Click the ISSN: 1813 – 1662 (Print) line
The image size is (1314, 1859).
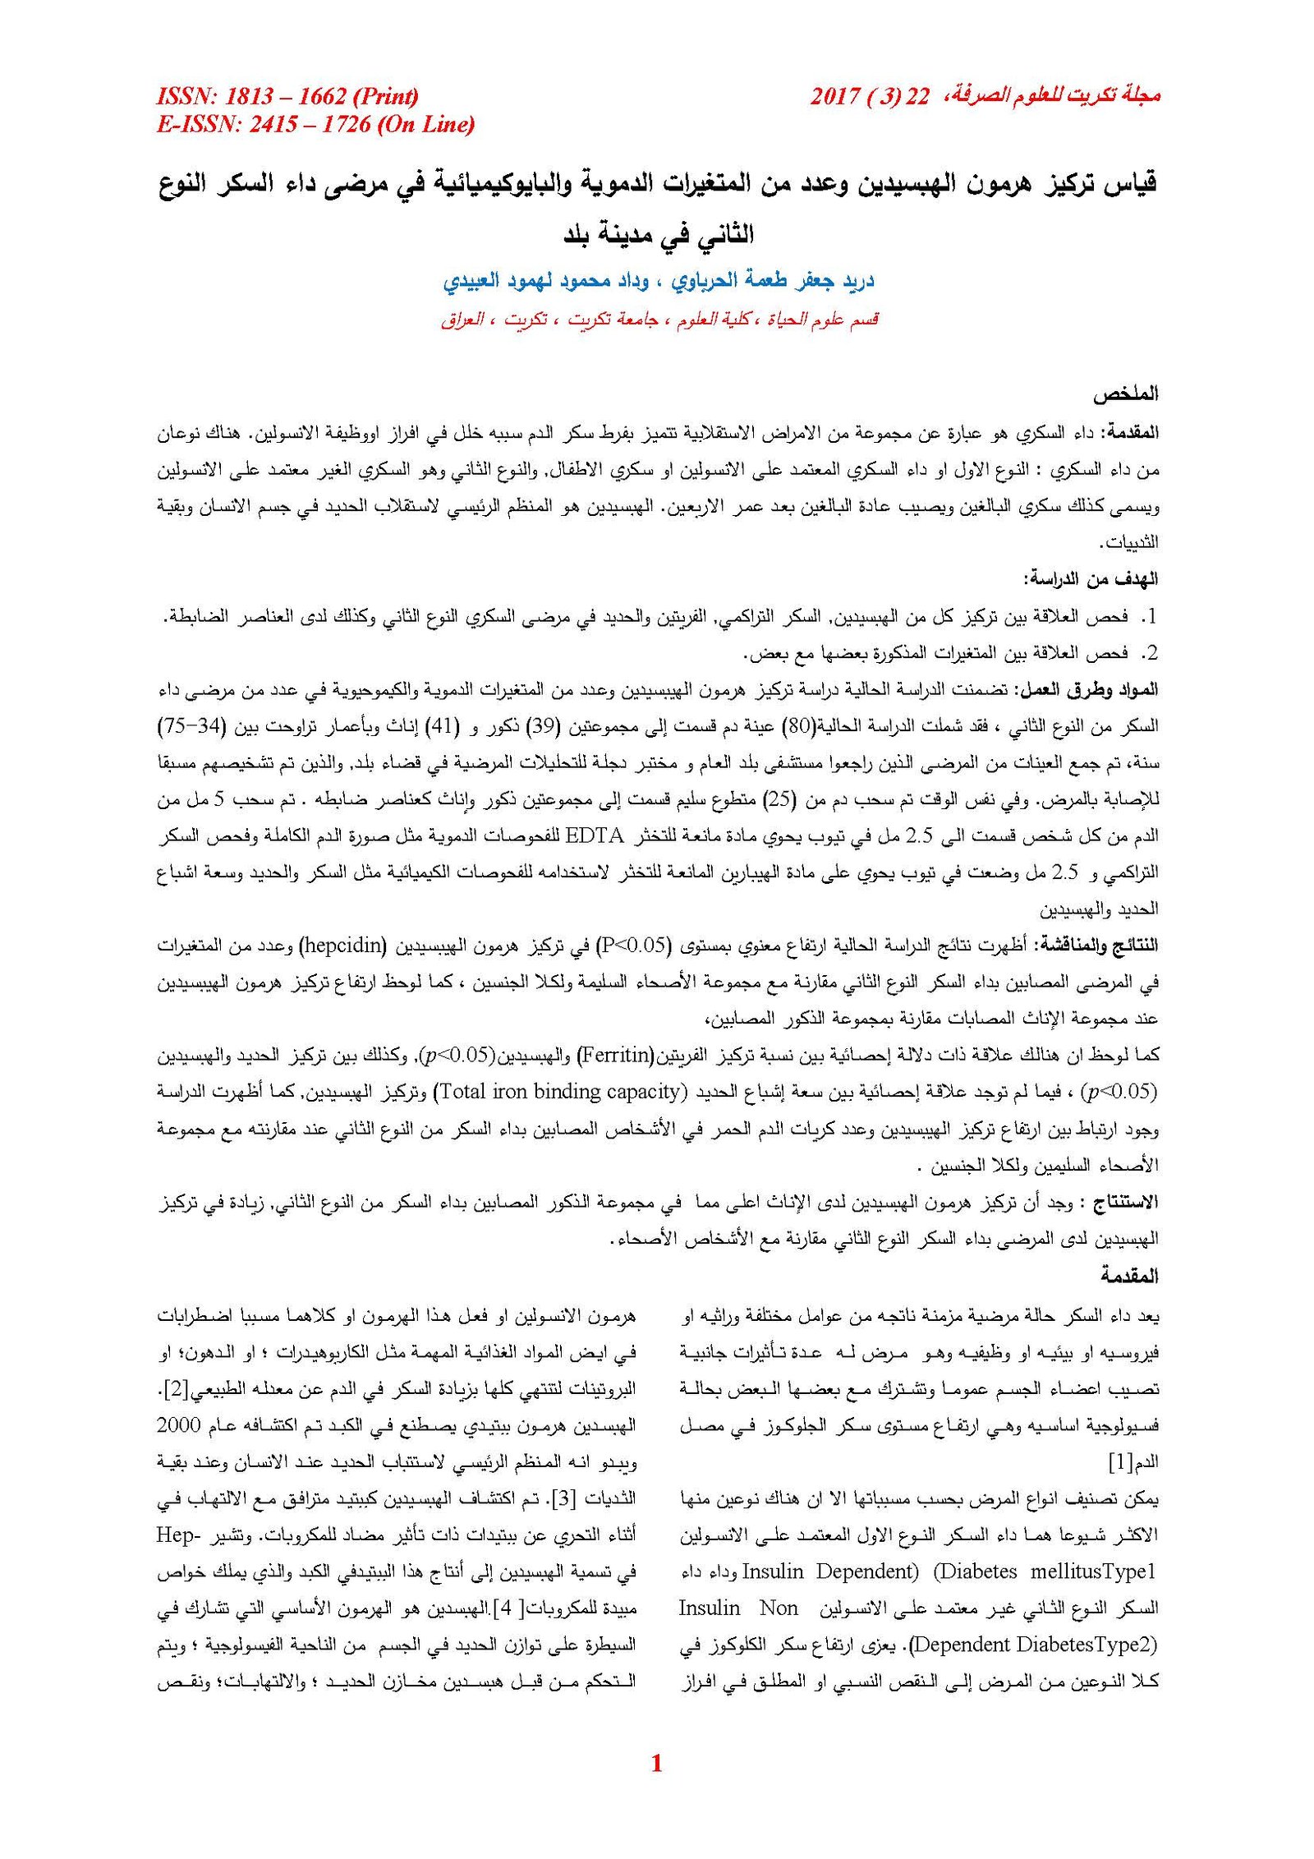coord(287,97)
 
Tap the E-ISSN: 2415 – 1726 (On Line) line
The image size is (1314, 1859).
coord(315,125)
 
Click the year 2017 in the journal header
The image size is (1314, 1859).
coord(834,97)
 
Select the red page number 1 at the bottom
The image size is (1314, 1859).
coord(656,1763)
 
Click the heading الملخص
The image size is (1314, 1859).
coord(1125,394)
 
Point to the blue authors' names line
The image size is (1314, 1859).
coord(658,281)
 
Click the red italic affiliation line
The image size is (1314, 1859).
coord(659,320)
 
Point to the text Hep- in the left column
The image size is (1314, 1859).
coord(178,1535)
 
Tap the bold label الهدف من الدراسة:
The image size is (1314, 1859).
coord(1090,579)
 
